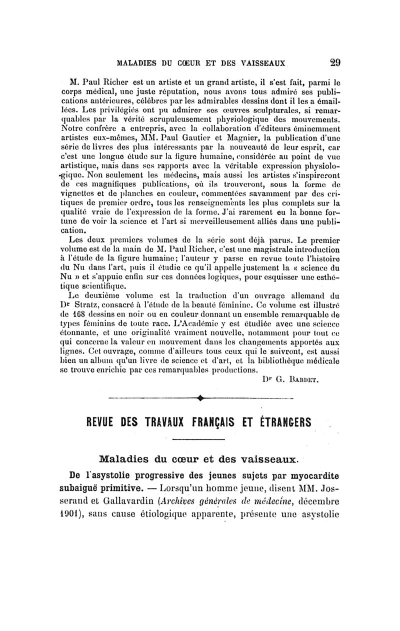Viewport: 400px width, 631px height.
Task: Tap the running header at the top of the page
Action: coord(200,63)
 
